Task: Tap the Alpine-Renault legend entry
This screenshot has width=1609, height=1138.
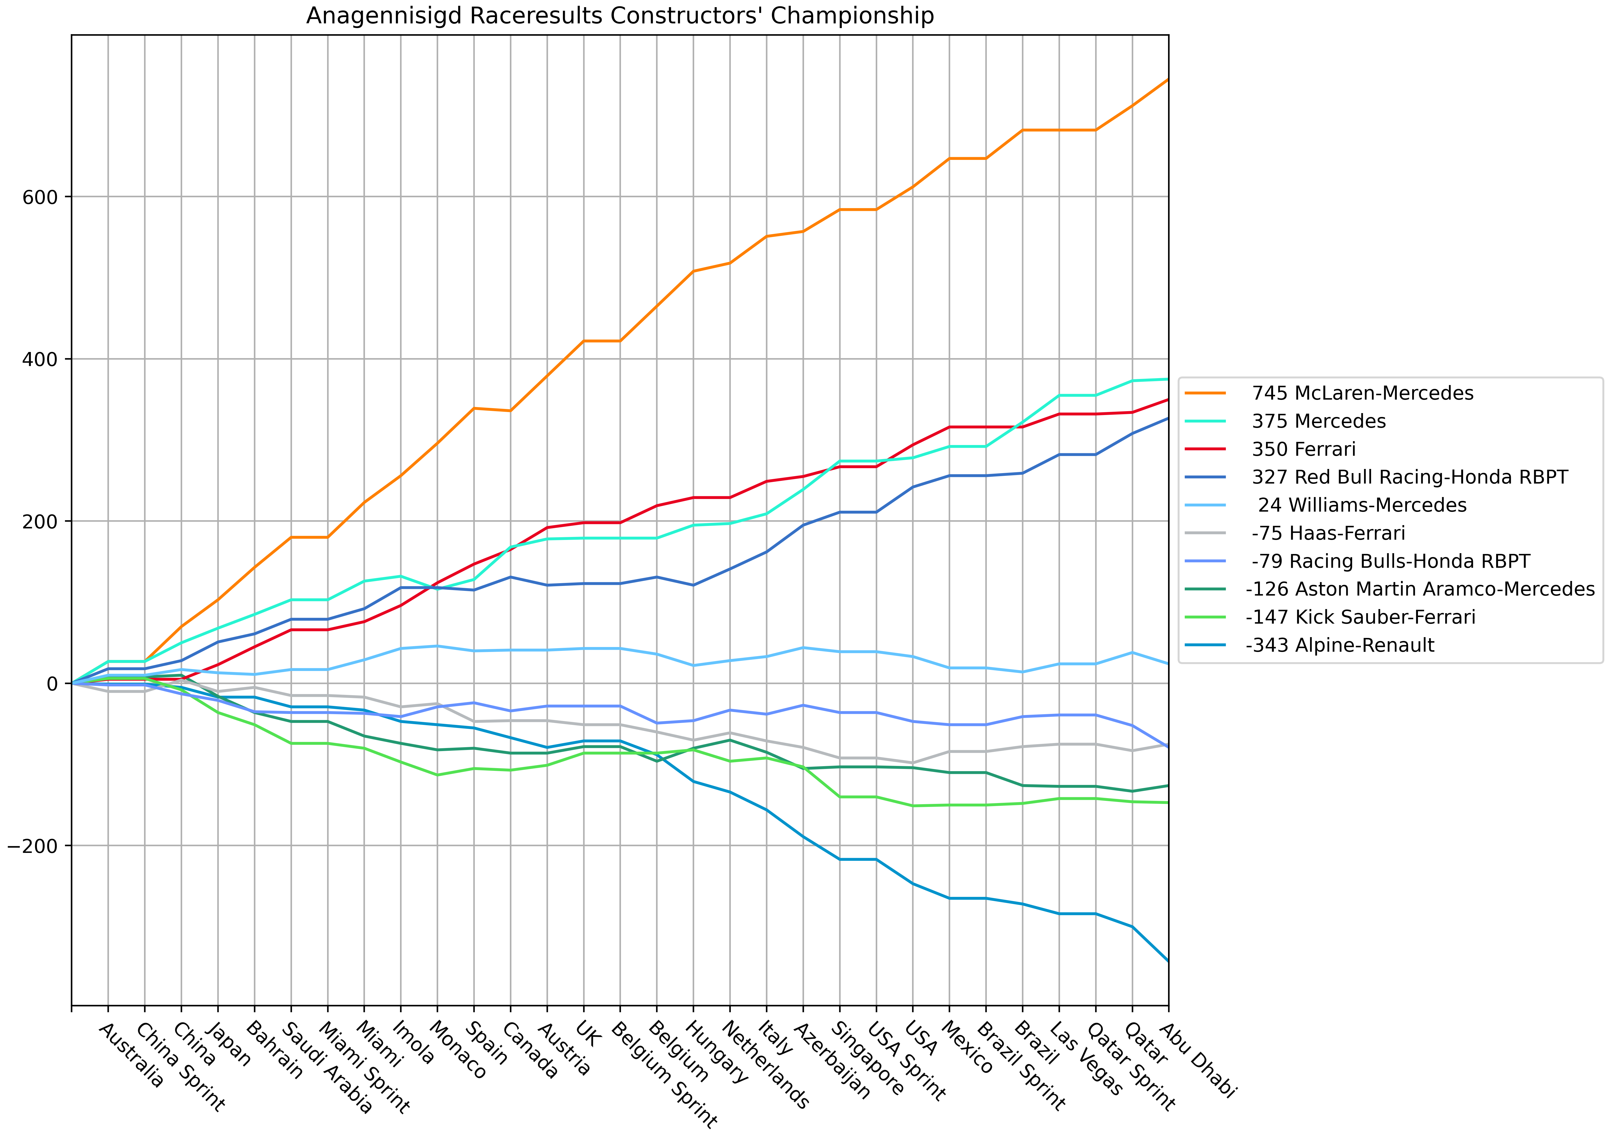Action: [x=1340, y=645]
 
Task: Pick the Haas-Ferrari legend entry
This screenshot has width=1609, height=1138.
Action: [x=1328, y=533]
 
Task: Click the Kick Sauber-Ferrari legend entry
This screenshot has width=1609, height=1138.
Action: [x=1360, y=617]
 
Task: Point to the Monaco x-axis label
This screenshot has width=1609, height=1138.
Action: [x=457, y=1049]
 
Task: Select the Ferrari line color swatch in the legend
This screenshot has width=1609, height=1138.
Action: [x=1205, y=449]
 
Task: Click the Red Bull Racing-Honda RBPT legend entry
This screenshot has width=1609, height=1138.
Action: [x=1409, y=477]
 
